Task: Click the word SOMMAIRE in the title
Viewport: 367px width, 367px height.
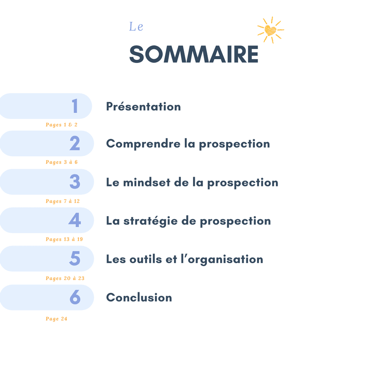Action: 194,54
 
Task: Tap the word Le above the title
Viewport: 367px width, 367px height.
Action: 136,26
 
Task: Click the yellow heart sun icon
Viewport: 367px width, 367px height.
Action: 270,30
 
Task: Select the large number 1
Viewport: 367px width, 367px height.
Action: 75,106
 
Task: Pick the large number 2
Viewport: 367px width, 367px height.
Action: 75,143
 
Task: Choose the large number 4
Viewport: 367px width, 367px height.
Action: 75,220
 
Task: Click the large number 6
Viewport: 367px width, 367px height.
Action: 75,297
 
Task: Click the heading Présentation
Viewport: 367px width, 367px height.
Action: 143,106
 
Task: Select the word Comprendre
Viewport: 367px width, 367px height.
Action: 143,144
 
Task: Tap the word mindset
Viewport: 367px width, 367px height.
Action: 147,182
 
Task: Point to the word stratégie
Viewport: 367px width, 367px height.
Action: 150,221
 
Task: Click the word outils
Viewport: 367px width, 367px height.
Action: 146,259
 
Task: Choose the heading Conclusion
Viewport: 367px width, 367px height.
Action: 139,298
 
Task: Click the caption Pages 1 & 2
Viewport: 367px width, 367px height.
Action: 62,125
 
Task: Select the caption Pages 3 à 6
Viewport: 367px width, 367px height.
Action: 62,162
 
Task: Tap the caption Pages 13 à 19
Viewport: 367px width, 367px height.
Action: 64,239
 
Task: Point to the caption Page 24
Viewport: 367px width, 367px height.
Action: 57,319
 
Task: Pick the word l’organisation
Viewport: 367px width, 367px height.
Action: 222,259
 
